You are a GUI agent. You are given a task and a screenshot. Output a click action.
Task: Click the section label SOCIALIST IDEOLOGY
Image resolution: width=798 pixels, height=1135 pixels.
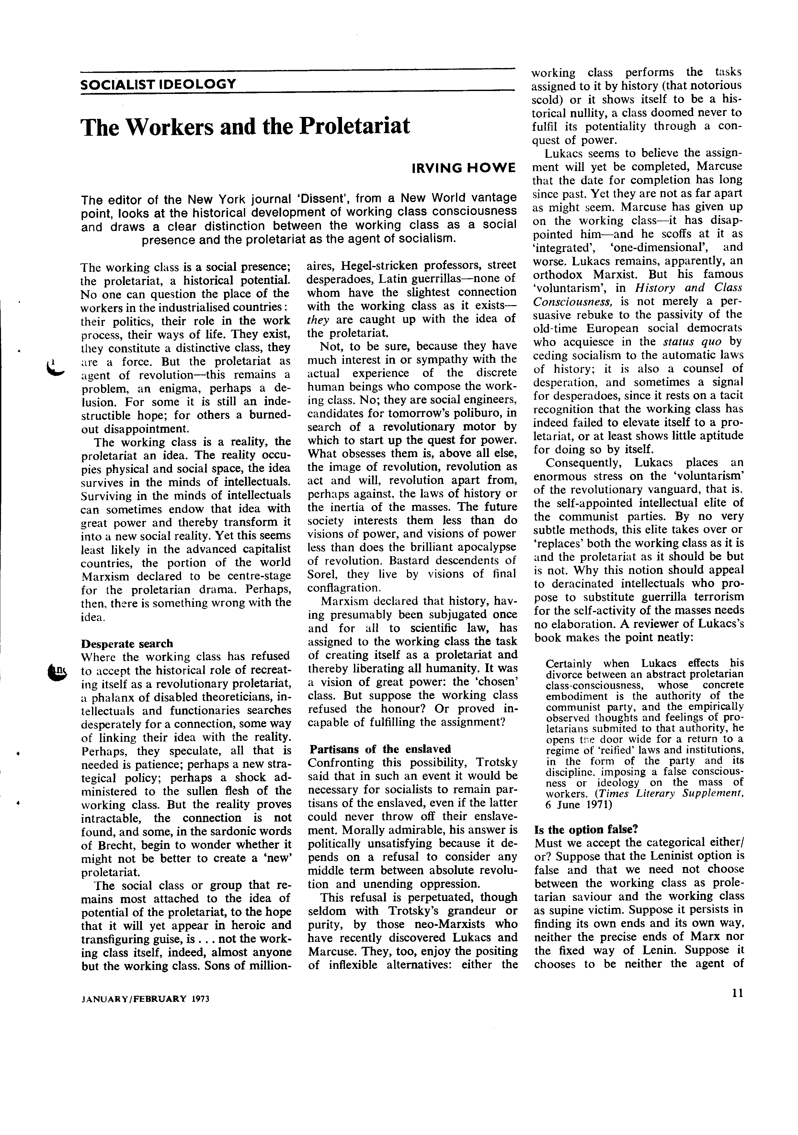pos(158,84)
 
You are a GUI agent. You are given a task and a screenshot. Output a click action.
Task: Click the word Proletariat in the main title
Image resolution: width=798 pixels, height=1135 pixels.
pos(355,127)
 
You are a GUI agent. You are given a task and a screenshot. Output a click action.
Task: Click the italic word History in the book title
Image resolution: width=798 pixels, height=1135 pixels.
pos(655,288)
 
